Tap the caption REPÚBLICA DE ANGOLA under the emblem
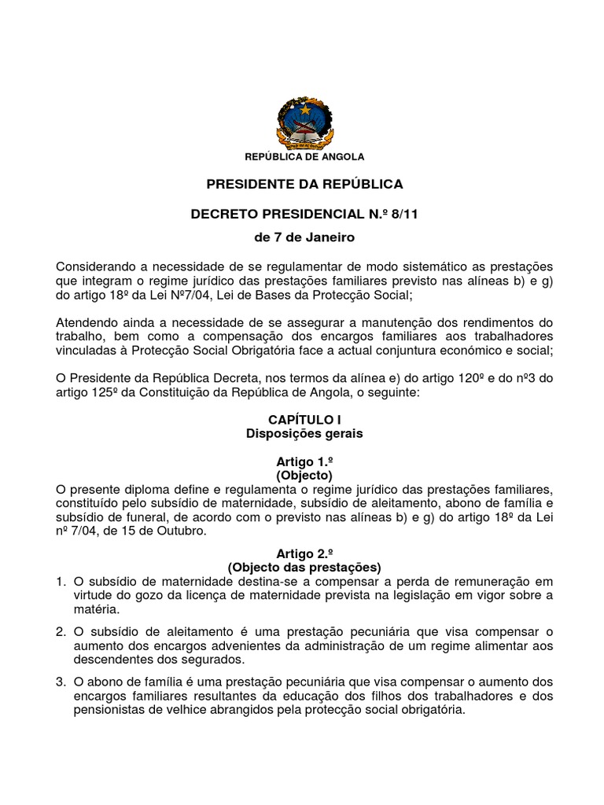[x=304, y=157]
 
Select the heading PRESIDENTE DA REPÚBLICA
[x=304, y=184]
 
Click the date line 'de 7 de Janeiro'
[x=304, y=237]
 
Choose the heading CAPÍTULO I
[x=304, y=421]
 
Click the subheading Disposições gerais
[x=304, y=433]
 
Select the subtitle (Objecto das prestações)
[x=304, y=567]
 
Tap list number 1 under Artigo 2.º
[x=61, y=582]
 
